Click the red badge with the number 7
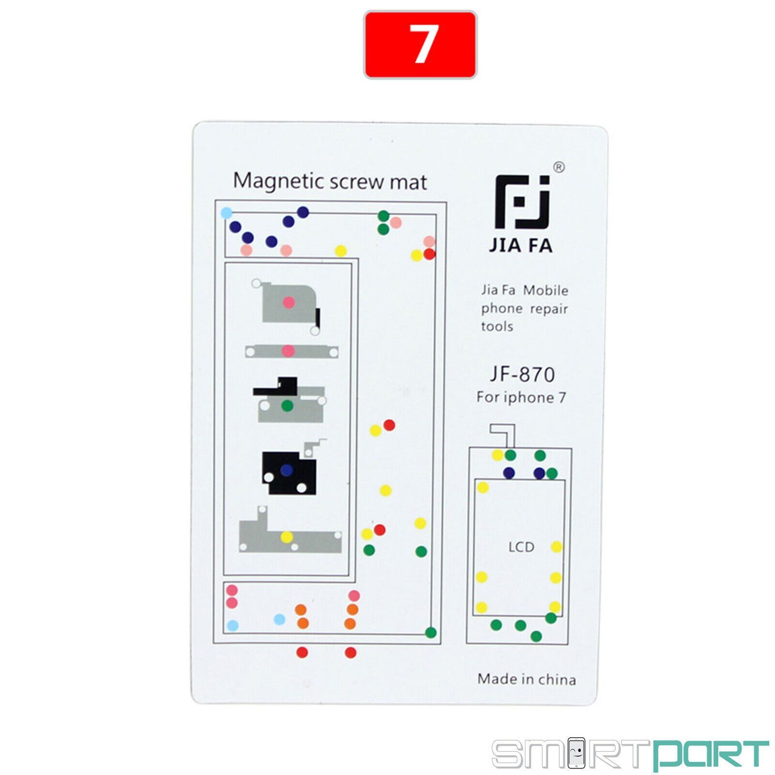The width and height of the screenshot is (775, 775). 420,45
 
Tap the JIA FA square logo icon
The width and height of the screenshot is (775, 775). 523,201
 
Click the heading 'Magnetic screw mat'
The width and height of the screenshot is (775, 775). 330,182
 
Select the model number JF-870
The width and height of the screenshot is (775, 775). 522,374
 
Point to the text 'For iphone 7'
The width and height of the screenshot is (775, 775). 521,398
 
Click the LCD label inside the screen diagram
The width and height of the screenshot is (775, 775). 521,547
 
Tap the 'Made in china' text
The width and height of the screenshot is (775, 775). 527,679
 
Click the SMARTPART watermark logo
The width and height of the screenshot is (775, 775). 630,753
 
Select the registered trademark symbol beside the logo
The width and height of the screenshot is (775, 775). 558,167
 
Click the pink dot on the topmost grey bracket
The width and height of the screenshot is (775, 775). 289,303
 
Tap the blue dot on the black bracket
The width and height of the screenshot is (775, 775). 287,470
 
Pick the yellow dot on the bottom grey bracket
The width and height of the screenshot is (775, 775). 287,537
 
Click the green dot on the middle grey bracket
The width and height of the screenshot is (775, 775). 287,405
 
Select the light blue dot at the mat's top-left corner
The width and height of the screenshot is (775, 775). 226,213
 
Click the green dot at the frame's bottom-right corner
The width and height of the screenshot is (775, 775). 431,633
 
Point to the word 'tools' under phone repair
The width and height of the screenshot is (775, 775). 497,326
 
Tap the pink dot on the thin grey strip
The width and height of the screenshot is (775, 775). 288,351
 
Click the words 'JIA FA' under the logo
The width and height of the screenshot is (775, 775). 521,246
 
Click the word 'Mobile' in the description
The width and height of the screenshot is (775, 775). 545,291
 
